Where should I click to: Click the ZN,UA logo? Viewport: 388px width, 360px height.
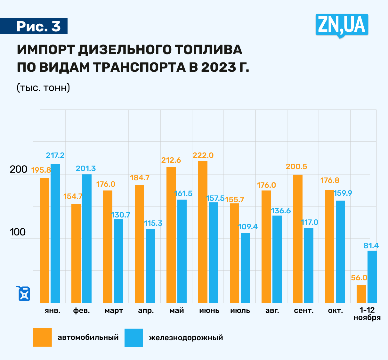342,25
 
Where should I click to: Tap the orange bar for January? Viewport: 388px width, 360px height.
44,240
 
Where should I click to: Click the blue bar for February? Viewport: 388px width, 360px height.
87,239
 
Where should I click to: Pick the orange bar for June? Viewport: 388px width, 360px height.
203,232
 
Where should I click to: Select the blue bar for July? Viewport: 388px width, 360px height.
245,268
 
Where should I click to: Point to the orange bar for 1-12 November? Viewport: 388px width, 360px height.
361,294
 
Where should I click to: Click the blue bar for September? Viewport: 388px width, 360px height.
309,265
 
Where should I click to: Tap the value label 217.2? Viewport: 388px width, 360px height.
55,156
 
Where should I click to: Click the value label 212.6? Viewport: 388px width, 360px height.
171,160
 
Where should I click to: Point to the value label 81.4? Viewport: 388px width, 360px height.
371,246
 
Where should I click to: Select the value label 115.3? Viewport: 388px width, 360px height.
153,223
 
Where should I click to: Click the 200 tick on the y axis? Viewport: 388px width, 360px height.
18,169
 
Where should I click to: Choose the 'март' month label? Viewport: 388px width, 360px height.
114,311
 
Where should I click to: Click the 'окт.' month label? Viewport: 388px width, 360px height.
335,311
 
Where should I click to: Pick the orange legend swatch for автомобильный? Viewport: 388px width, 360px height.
43,338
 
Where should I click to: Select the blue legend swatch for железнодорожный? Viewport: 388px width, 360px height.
134,338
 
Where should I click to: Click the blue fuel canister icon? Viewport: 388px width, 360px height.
24,293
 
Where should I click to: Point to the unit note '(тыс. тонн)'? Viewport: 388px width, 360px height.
43,88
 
